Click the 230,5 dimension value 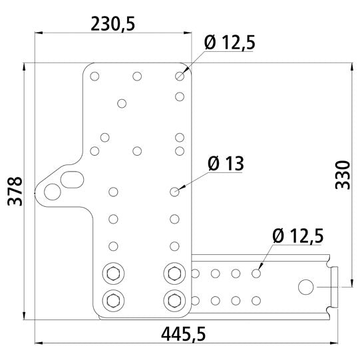[x=112, y=24]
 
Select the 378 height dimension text [x=15, y=191]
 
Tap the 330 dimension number [x=343, y=175]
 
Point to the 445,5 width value [x=183, y=334]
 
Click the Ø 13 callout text [x=226, y=164]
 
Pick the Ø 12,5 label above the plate [x=230, y=43]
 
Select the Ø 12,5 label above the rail [x=298, y=236]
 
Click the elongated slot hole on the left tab [x=72, y=180]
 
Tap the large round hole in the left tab [x=53, y=192]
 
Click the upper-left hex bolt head [x=113, y=273]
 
